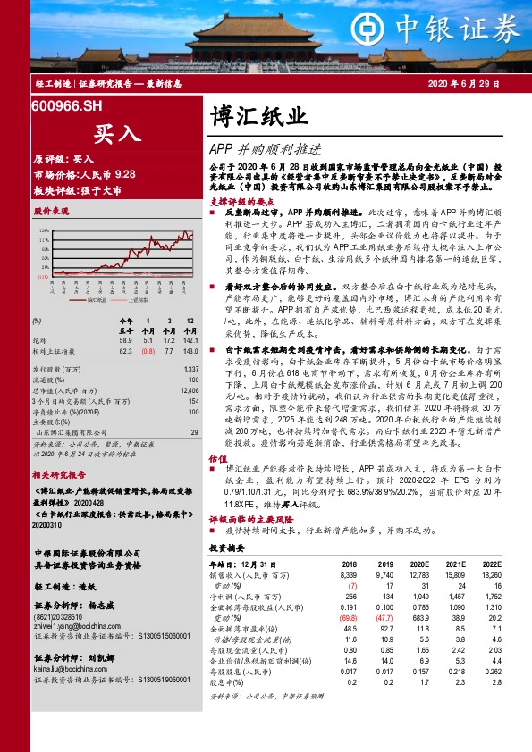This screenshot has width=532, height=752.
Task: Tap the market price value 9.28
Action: (126, 174)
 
